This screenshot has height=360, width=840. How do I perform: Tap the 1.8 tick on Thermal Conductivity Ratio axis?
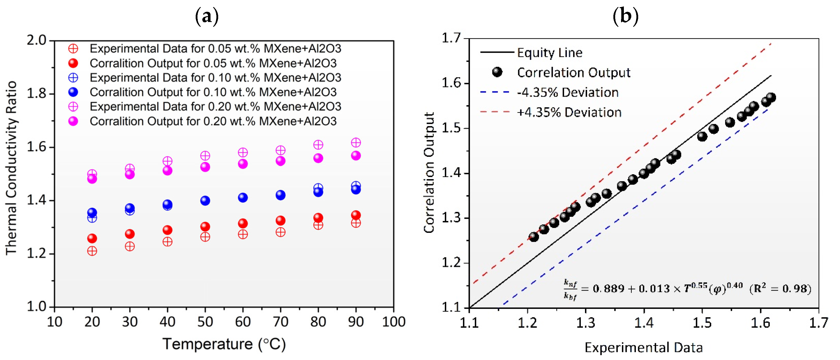pyautogui.click(x=36, y=94)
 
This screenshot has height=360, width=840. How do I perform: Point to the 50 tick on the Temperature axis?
pyautogui.click(x=205, y=322)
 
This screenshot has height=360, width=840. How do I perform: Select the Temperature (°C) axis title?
pyautogui.click(x=224, y=344)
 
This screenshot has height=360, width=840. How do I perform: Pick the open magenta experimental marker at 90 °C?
pyautogui.click(x=356, y=143)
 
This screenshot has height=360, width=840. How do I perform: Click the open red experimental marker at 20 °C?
pyautogui.click(x=92, y=251)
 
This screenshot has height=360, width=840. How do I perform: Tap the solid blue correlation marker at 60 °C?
pyautogui.click(x=242, y=197)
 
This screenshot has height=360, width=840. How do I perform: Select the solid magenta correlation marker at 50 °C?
pyautogui.click(x=205, y=167)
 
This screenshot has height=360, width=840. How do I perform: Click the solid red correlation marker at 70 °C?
pyautogui.click(x=280, y=221)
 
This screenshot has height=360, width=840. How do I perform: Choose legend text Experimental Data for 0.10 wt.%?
pyautogui.click(x=215, y=78)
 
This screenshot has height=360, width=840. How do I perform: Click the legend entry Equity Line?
pyautogui.click(x=549, y=53)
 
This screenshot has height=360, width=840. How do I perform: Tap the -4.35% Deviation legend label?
pyautogui.click(x=567, y=93)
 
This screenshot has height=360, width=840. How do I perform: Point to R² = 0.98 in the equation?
pyautogui.click(x=780, y=289)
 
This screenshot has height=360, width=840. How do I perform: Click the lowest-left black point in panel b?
pyautogui.click(x=534, y=237)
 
